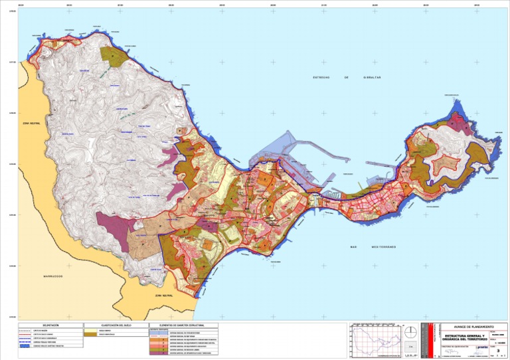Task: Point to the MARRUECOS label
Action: click(x=48, y=276)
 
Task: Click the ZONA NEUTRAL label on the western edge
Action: click(x=31, y=124)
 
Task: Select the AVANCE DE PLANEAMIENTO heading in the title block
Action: click(x=473, y=327)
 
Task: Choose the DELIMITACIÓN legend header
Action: click(x=50, y=325)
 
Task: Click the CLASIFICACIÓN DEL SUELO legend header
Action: click(x=114, y=325)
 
